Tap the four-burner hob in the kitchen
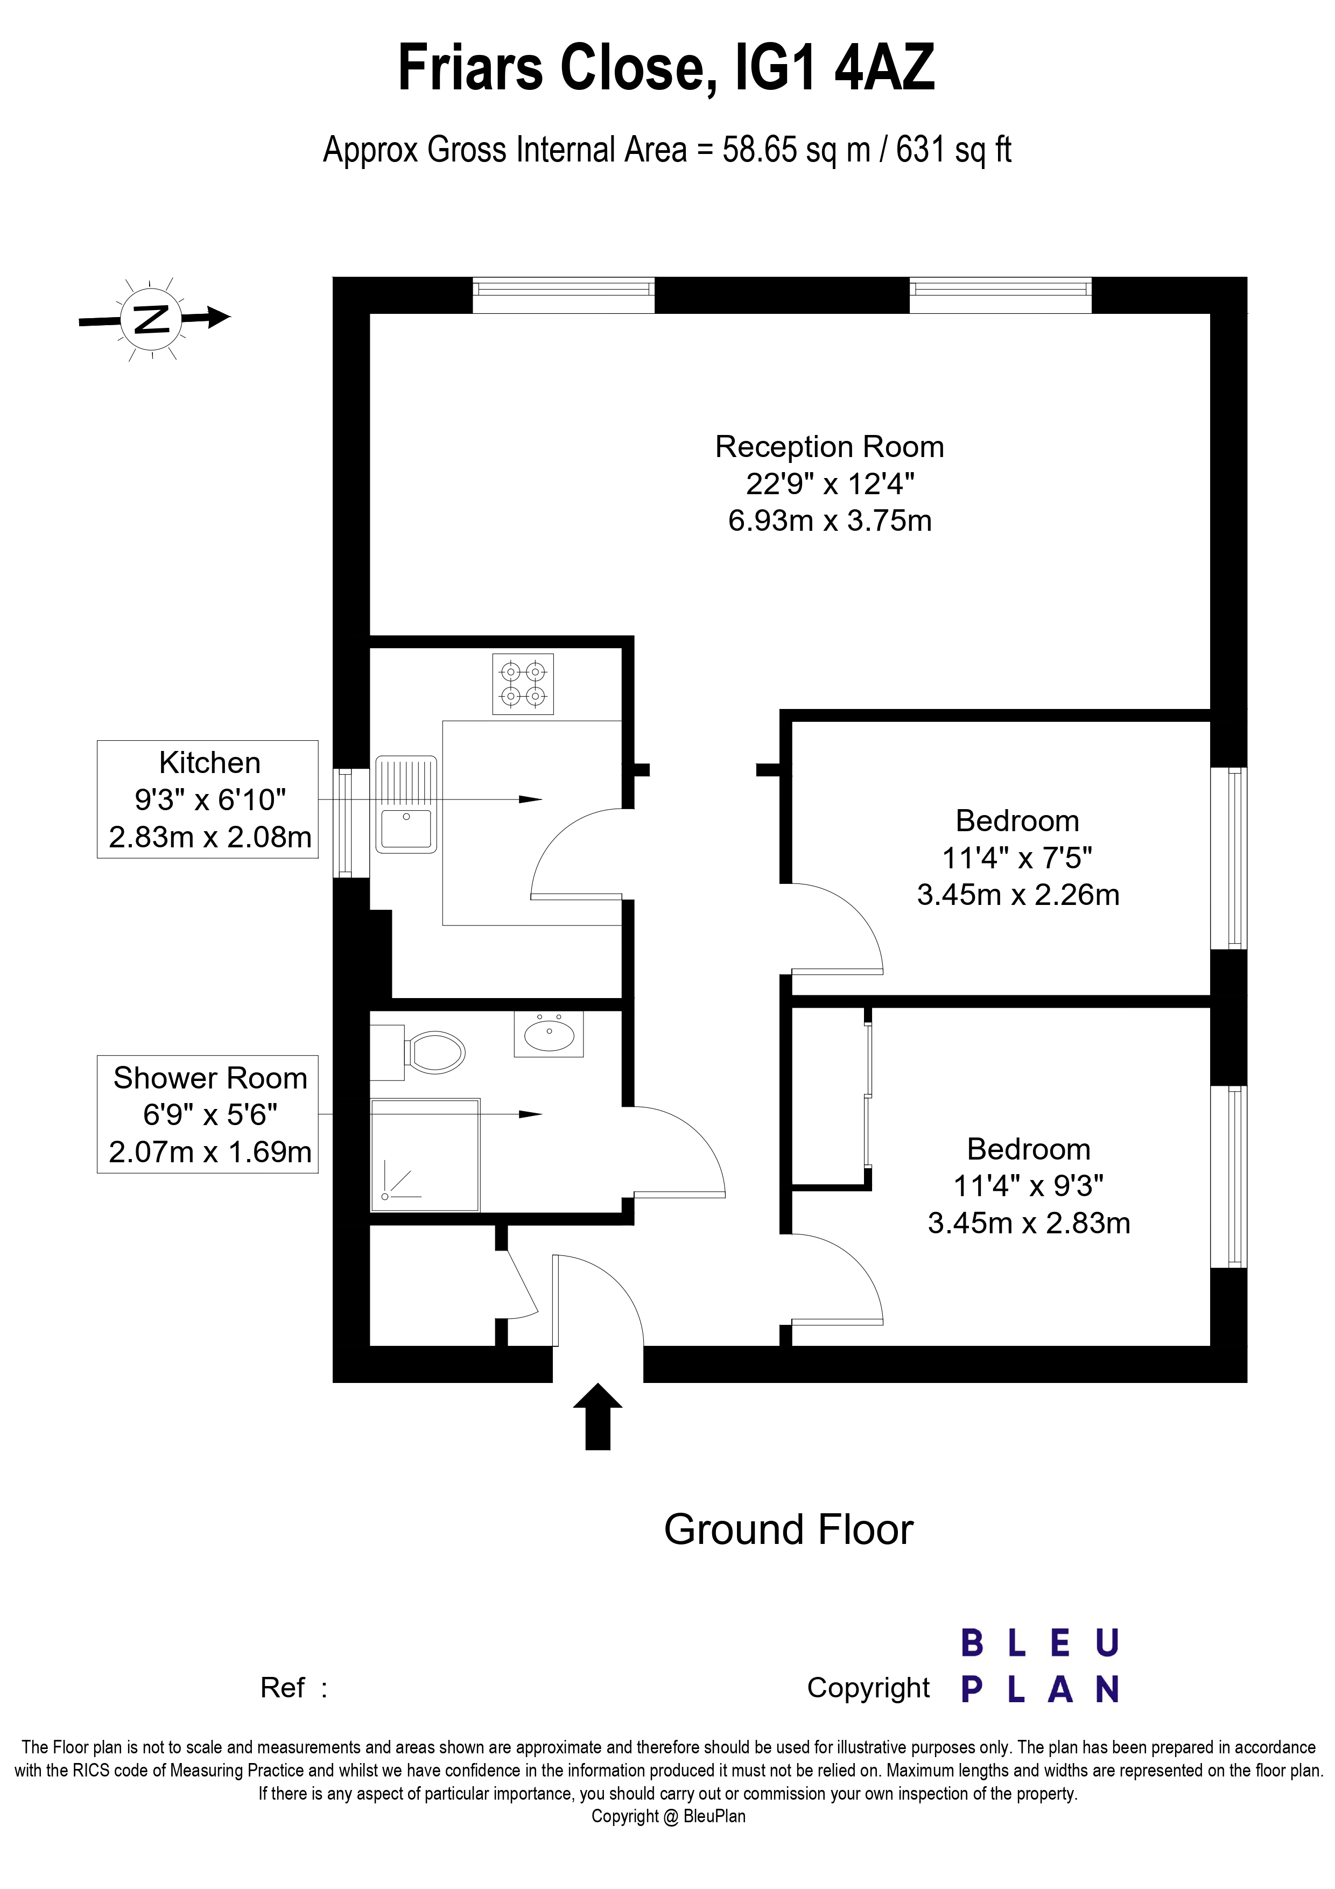point(523,684)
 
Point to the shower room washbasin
point(549,1034)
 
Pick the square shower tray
point(425,1155)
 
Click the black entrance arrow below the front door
point(598,1416)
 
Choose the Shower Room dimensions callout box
point(208,1114)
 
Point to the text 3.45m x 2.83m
point(1029,1224)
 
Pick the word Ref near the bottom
point(282,1688)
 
